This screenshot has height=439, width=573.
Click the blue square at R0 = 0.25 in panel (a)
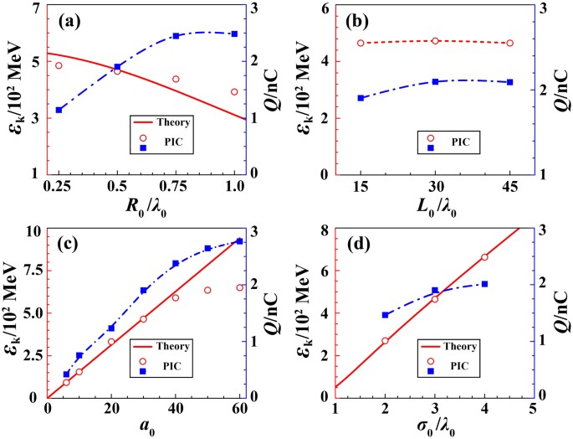(x=59, y=110)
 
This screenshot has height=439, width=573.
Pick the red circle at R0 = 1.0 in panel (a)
(x=234, y=91)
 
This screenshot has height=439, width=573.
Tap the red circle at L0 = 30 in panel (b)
(x=435, y=40)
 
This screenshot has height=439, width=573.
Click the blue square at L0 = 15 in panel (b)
(x=361, y=98)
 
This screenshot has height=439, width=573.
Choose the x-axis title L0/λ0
(x=435, y=205)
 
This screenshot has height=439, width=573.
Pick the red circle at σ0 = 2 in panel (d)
(x=385, y=341)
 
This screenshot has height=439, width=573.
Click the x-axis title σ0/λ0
(x=435, y=427)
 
